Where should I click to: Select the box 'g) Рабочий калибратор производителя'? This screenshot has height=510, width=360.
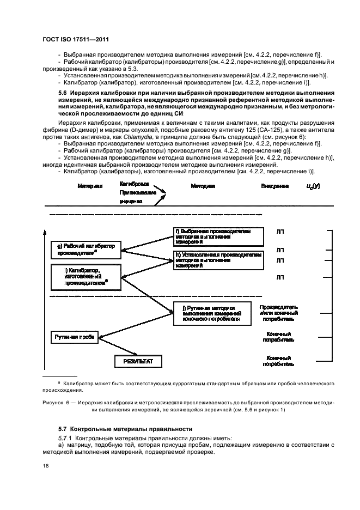pos(84,250)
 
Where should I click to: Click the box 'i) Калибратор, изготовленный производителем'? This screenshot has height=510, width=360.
pos(84,276)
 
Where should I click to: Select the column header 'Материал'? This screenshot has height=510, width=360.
pos(90,186)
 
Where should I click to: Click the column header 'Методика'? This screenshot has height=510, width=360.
pos(202,186)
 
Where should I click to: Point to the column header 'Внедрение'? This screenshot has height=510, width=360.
pos(275,186)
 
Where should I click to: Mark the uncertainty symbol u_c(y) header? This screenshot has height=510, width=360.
pos(314,186)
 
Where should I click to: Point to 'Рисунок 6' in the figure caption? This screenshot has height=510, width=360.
pos(57,403)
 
